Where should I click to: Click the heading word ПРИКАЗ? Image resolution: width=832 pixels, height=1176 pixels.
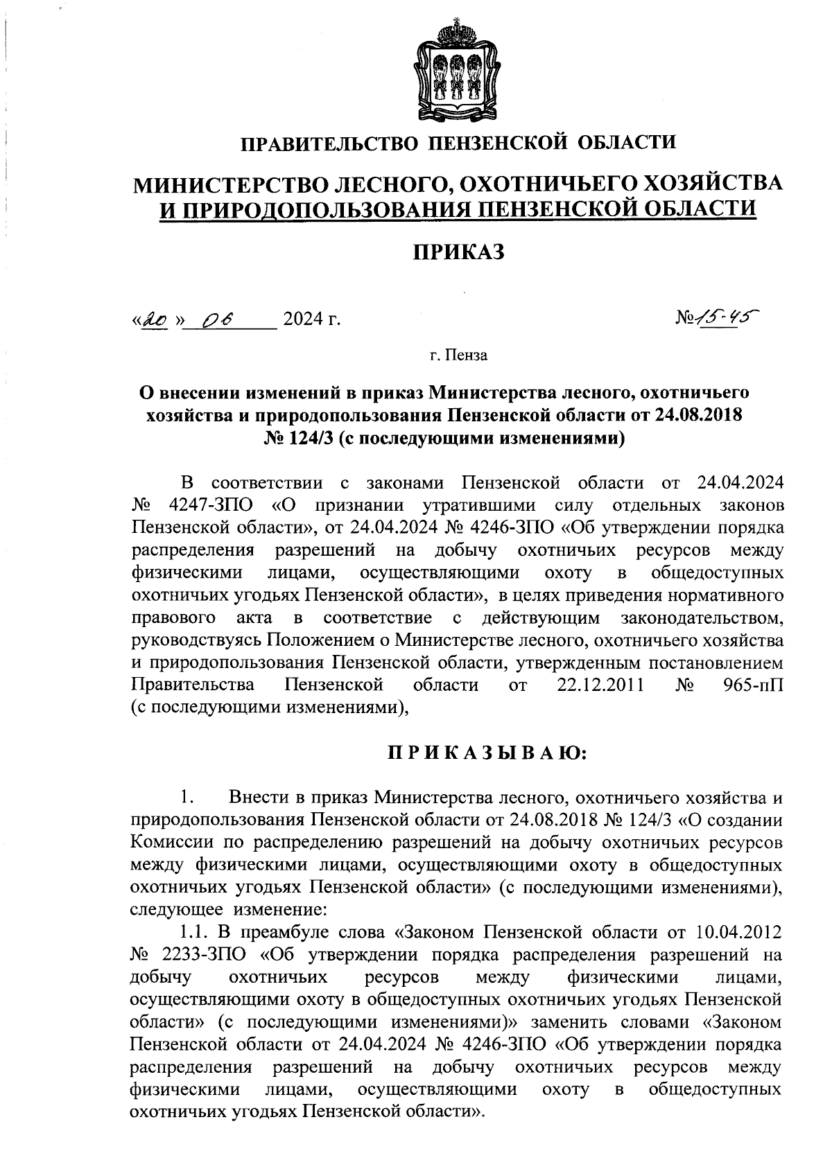(458, 252)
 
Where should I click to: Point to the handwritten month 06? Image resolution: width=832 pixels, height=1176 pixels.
(219, 319)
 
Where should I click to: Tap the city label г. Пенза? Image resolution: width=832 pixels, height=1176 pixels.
(458, 356)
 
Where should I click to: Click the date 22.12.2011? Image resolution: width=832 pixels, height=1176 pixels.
(602, 685)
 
